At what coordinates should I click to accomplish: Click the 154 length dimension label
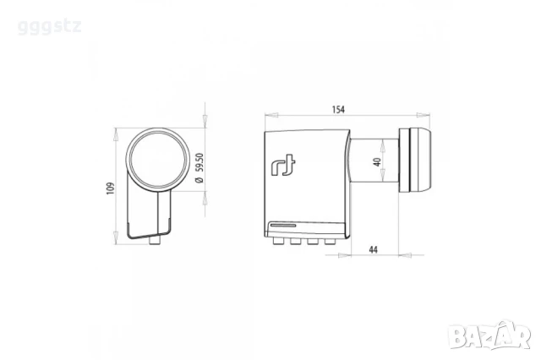point(338,110)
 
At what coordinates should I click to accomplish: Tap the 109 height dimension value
point(111,188)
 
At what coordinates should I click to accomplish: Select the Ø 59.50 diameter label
point(199,168)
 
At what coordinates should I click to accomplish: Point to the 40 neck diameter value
point(377,161)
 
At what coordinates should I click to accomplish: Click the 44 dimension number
point(373,249)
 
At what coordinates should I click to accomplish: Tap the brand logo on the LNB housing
point(284,166)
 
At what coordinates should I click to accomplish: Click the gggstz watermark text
point(49,27)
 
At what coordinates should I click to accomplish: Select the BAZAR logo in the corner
point(491,335)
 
